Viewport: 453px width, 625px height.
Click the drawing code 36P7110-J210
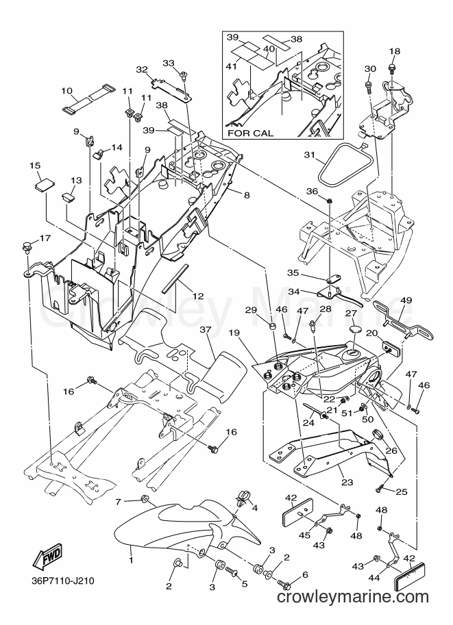point(62,581)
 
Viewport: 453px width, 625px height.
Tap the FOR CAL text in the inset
point(251,133)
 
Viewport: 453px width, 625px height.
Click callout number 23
point(347,483)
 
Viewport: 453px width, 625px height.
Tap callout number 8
point(247,195)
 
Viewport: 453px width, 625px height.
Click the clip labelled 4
point(242,497)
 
